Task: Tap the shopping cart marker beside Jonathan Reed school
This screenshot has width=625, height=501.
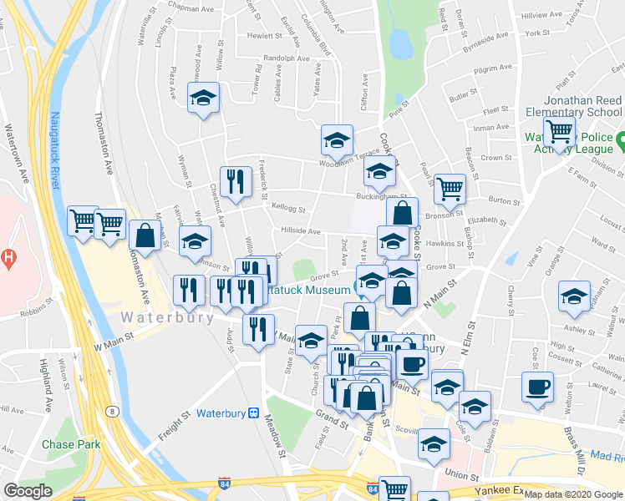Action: pos(558,130)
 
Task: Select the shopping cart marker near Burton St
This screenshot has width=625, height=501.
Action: pos(450,189)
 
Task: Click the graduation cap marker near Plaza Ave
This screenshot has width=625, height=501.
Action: pos(202,99)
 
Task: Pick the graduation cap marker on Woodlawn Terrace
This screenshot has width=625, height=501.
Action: pos(337,140)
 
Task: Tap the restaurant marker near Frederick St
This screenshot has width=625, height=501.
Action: pos(236,181)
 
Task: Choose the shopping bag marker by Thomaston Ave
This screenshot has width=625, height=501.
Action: pos(145,235)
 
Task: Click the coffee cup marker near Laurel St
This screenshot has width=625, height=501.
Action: pos(537,387)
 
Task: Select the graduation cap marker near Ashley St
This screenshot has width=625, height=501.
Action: pos(574,298)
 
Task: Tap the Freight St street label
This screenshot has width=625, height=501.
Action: pos(170,418)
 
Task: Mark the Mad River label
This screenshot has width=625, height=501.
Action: pos(607,456)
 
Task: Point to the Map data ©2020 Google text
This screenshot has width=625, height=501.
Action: pos(573,494)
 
